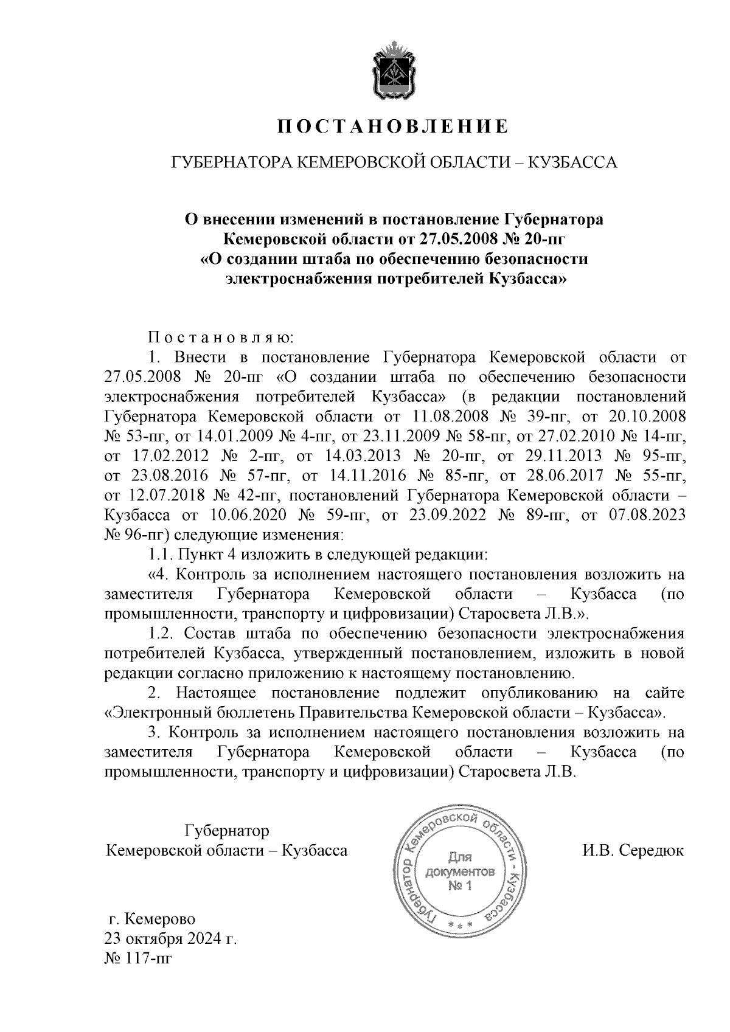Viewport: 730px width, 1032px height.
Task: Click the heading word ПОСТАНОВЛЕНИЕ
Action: (392, 126)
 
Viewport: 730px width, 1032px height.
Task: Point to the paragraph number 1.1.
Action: (161, 555)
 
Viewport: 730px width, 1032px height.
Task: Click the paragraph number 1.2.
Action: (161, 633)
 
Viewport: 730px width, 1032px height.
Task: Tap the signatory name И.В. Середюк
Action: (633, 850)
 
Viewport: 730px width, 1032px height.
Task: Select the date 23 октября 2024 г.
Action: (171, 938)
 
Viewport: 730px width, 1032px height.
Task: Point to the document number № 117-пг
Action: (139, 959)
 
